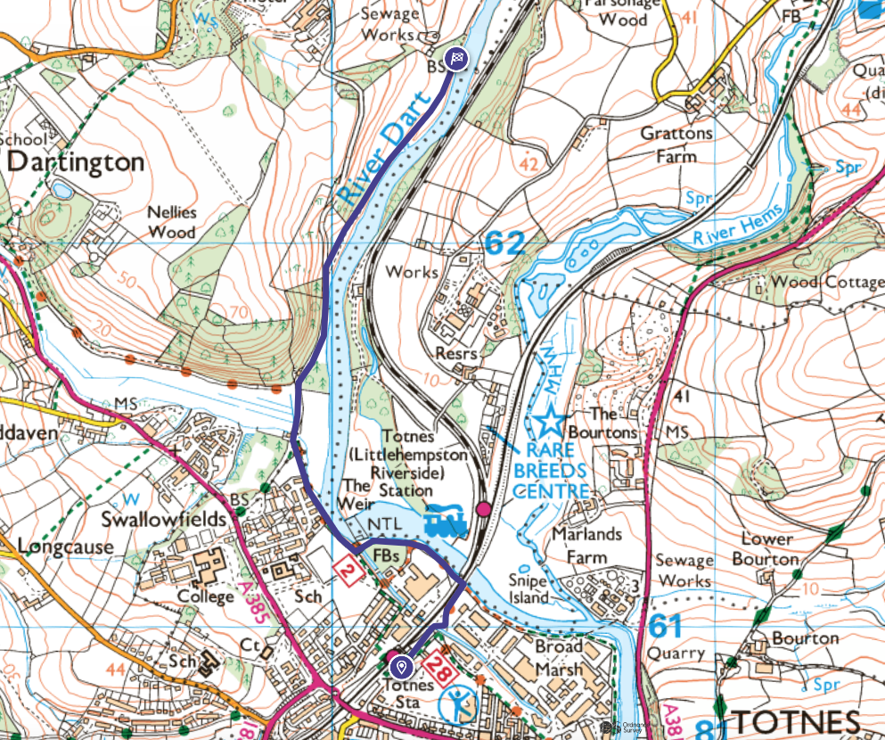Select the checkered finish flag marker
[456, 59]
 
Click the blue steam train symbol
[447, 523]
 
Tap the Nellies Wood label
[172, 223]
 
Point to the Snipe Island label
[529, 588]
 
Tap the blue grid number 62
[504, 243]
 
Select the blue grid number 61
[667, 625]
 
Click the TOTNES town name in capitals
[797, 722]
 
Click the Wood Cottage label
[827, 282]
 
